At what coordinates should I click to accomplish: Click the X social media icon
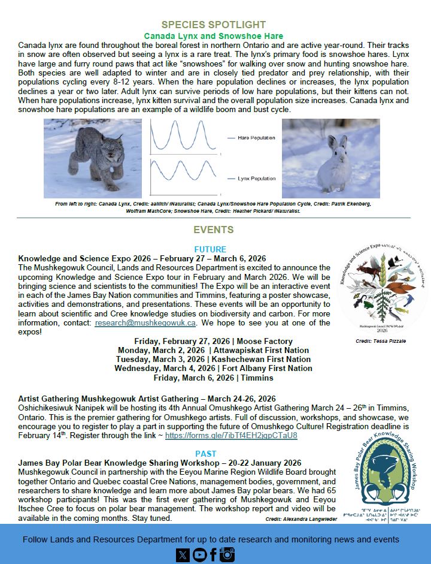pyautogui.click(x=183, y=555)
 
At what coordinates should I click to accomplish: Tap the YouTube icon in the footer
pyautogui.click(x=198, y=555)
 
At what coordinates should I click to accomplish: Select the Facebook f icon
pyautogui.click(x=213, y=555)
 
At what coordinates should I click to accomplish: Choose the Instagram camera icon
pyautogui.click(x=227, y=555)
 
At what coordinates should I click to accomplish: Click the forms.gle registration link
pyautogui.click(x=231, y=435)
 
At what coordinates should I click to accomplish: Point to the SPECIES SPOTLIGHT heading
pyautogui.click(x=214, y=25)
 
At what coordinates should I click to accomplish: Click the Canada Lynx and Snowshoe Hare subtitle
pyautogui.click(x=214, y=36)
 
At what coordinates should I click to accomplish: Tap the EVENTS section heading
pyautogui.click(x=214, y=230)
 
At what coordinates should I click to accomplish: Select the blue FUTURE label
pyautogui.click(x=210, y=249)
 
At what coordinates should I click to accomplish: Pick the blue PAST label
pyautogui.click(x=206, y=454)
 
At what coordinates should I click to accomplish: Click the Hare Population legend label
pyautogui.click(x=256, y=138)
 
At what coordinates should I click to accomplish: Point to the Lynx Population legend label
pyautogui.click(x=256, y=179)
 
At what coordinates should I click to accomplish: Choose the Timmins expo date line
pyautogui.click(x=213, y=378)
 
